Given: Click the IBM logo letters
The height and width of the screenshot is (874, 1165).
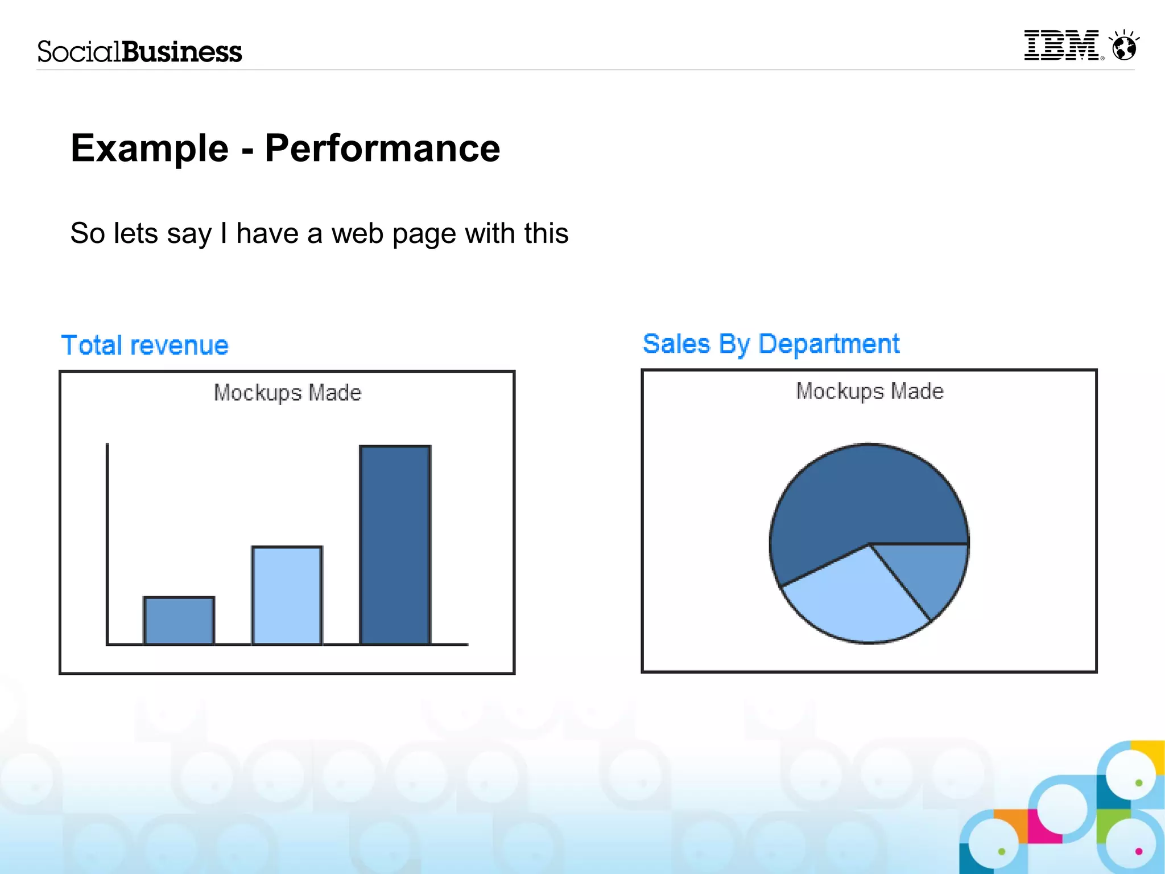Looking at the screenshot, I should point(1061,46).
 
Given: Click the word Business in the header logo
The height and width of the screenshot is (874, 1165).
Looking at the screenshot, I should point(182,52).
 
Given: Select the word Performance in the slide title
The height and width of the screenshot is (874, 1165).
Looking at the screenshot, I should point(382,149).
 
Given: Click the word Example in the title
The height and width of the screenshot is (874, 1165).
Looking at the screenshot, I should point(150,149).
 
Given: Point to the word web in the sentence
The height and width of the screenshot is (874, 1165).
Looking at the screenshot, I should point(357,233).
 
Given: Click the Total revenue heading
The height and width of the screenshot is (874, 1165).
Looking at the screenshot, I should point(145,345).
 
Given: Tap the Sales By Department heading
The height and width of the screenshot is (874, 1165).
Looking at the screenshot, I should point(771,344).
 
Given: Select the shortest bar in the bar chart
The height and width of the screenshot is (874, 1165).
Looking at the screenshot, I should point(179,621).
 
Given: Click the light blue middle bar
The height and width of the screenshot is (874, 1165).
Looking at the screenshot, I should point(287,595).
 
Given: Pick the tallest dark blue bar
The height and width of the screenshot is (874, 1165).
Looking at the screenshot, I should point(395,545).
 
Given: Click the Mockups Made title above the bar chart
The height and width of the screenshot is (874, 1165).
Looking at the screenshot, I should point(287,393).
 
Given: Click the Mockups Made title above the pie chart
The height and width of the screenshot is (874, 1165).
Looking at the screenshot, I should point(870,391).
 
